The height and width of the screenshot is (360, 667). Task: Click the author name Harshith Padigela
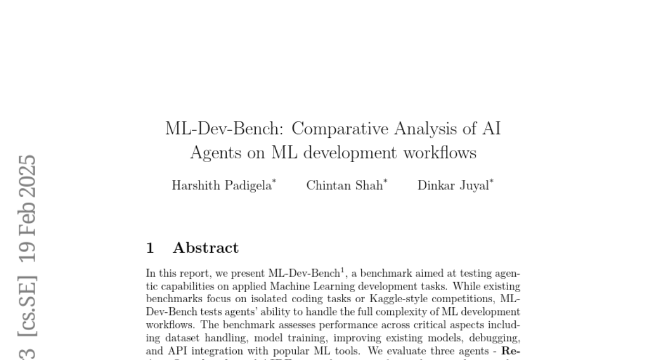tap(221, 186)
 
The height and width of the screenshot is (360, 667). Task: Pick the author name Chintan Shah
tap(345, 186)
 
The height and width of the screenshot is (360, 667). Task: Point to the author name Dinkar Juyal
tap(453, 186)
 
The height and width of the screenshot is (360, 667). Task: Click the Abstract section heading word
tap(206, 248)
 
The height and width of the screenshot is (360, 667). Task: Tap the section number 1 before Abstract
tap(150, 248)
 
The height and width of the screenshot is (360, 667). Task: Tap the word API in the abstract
tap(172, 351)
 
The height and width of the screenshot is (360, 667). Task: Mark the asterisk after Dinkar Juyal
tap(491, 182)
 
